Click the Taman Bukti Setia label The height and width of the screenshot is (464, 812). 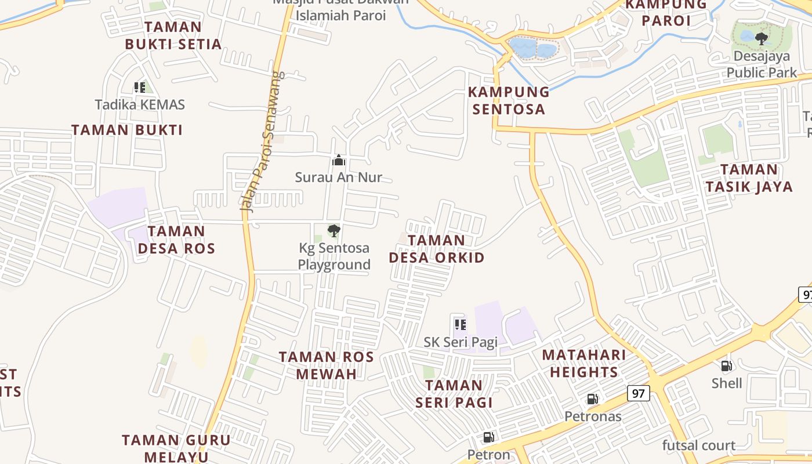click(x=173, y=35)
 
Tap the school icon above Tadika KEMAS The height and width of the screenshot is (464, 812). click(x=139, y=88)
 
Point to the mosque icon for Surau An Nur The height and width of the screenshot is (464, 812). click(x=339, y=160)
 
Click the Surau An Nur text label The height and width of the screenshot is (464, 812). click(x=339, y=177)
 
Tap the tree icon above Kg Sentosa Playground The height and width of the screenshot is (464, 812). click(x=333, y=231)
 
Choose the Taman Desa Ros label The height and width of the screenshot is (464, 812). click(x=176, y=240)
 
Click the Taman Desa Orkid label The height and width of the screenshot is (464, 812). click(x=437, y=249)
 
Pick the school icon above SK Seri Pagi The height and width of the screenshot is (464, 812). click(x=461, y=325)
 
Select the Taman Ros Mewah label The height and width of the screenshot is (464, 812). click(x=327, y=365)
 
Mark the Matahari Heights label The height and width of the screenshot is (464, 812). click(x=584, y=363)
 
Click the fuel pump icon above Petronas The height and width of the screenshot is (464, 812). click(x=592, y=399)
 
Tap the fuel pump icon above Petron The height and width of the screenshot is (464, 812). click(x=489, y=437)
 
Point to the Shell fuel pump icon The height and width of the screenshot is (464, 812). click(x=726, y=366)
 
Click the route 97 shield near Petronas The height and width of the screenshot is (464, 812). click(x=639, y=393)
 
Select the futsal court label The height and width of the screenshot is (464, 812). click(x=699, y=445)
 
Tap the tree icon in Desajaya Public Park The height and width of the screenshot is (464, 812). click(x=762, y=39)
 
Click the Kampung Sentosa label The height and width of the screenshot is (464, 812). click(x=509, y=100)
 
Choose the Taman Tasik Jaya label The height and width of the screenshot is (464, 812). click(x=749, y=178)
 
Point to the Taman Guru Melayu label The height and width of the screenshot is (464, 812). click(x=176, y=448)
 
